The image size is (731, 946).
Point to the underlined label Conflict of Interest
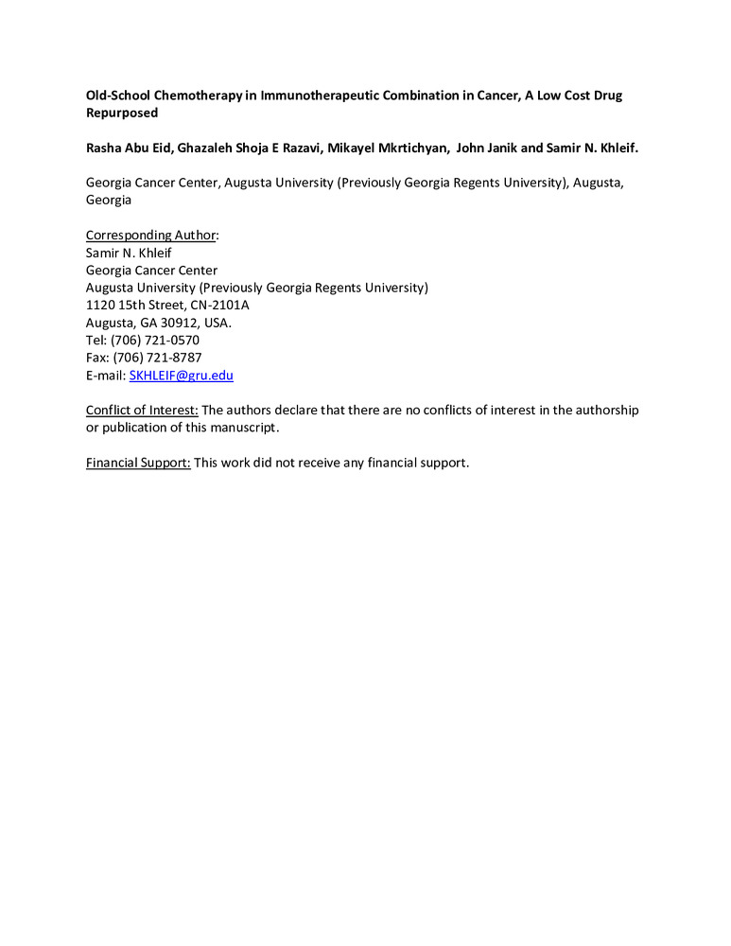coord(142,410)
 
